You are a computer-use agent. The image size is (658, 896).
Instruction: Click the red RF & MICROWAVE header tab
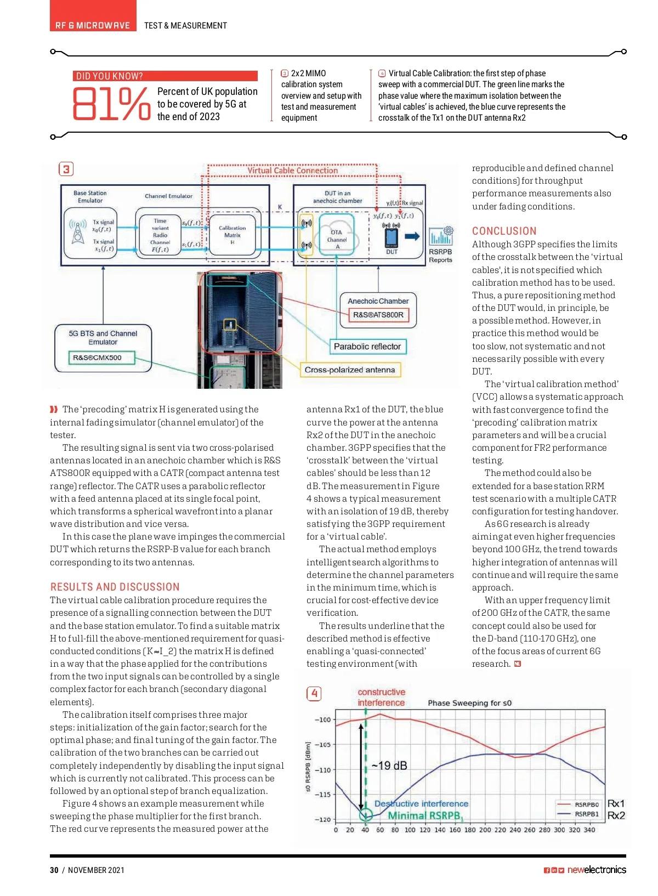93,25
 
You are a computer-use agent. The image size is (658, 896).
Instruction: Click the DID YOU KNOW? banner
164,76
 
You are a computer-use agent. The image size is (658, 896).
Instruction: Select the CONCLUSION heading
504,231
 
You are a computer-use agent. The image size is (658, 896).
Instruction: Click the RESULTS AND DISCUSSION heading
115,587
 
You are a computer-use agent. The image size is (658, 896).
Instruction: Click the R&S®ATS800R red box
378,315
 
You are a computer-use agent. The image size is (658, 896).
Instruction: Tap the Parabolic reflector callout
367,347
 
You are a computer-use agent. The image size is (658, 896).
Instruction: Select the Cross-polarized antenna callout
350,370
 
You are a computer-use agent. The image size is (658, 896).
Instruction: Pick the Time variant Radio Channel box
160,235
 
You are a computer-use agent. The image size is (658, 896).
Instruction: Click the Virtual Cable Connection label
292,171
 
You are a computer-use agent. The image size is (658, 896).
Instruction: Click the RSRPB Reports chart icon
441,237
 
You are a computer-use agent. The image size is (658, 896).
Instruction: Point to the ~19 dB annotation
389,765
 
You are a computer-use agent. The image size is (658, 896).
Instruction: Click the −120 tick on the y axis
322,819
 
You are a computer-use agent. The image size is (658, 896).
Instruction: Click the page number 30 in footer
54,870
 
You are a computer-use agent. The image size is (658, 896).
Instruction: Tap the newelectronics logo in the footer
597,870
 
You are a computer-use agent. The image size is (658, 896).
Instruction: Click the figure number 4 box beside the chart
314,694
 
